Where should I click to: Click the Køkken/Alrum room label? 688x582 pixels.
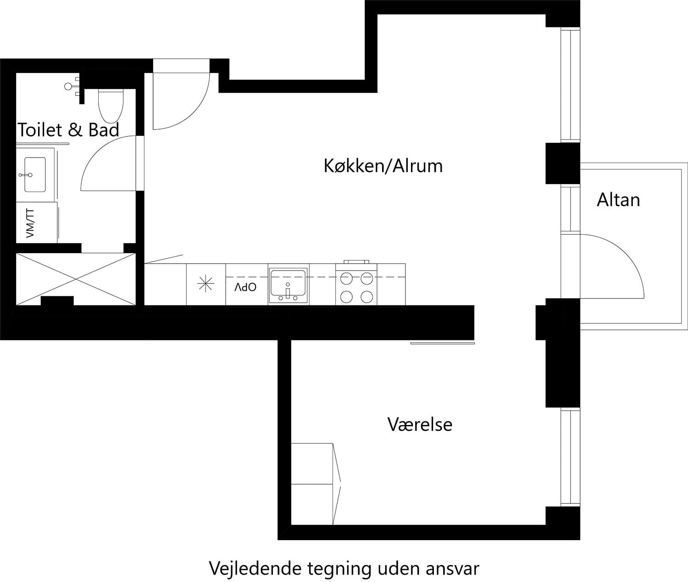(x=383, y=166)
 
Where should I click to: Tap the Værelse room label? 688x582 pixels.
(x=420, y=424)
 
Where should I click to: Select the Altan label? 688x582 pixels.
(x=618, y=200)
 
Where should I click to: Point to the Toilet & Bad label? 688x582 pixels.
(x=68, y=130)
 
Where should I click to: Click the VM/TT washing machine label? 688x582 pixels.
(x=30, y=223)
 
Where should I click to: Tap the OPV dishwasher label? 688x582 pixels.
(x=245, y=288)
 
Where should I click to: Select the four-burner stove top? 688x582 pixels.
(x=356, y=288)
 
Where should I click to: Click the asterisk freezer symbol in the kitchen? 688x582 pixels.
(x=205, y=284)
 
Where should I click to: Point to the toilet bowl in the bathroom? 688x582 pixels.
(x=111, y=104)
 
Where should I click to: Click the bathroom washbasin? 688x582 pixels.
(x=35, y=175)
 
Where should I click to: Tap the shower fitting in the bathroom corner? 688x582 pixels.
(x=72, y=86)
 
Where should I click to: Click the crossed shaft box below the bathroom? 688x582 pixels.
(x=76, y=279)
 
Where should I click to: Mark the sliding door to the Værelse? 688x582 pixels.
(x=442, y=343)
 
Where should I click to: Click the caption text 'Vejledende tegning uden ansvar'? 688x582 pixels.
(x=344, y=568)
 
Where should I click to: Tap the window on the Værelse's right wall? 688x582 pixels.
(x=570, y=458)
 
